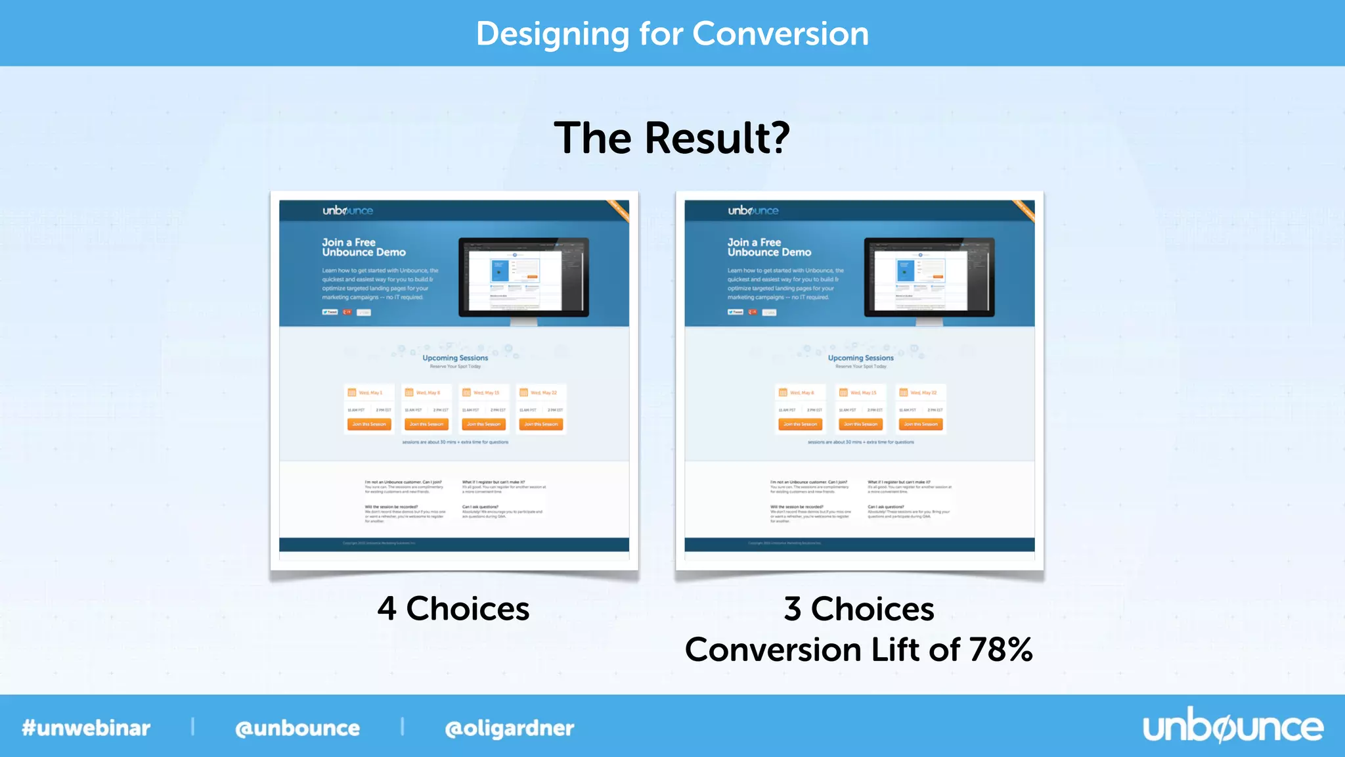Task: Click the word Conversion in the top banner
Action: tap(780, 34)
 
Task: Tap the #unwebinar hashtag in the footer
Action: tap(86, 728)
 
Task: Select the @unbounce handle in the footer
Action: tap(298, 728)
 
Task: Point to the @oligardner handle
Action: tap(510, 728)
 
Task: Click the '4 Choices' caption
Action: tap(453, 608)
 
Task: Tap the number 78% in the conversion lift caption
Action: tap(1000, 649)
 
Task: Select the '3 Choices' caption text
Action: tap(859, 608)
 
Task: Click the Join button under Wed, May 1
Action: tap(369, 424)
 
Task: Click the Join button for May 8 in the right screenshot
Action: tap(800, 424)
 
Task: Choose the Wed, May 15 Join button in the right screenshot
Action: tap(860, 424)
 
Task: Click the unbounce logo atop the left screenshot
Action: tap(347, 211)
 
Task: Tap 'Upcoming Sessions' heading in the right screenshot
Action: tap(860, 358)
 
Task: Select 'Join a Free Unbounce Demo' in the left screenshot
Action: tap(363, 247)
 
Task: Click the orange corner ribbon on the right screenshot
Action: tap(1024, 210)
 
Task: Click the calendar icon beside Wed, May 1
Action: tap(352, 393)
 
